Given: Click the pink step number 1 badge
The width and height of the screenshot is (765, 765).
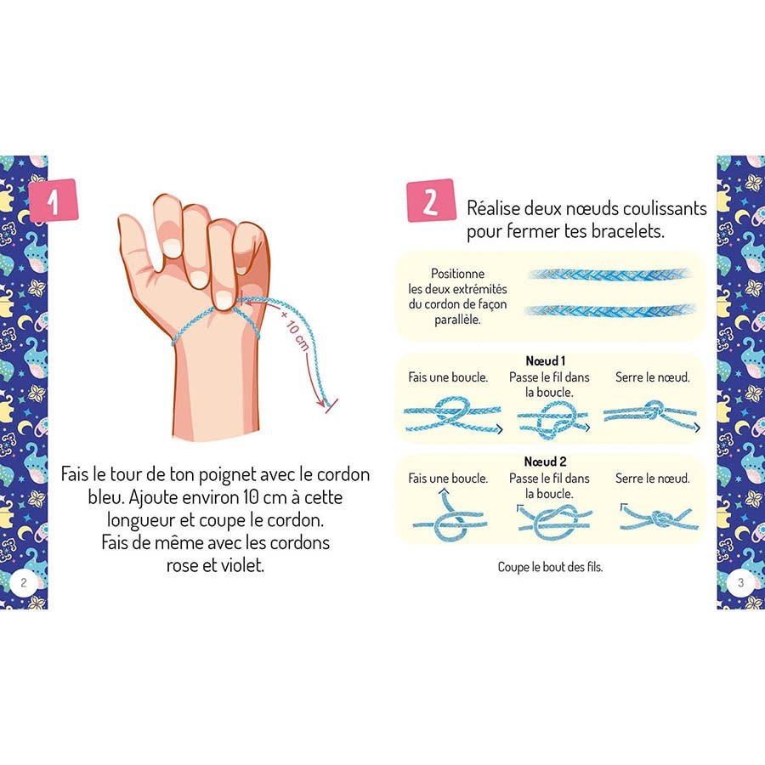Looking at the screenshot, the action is click(54, 201).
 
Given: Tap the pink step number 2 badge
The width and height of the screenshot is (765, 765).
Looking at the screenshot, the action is click(431, 201).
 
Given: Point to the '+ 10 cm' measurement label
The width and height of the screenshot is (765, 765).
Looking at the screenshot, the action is click(295, 330).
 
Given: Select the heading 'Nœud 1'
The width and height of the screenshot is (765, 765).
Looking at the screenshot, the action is click(546, 361).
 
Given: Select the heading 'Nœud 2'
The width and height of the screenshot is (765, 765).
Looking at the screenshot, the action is click(546, 462).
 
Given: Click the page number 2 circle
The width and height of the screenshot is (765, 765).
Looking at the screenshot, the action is click(24, 582).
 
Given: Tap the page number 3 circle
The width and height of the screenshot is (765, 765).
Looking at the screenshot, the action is click(740, 582).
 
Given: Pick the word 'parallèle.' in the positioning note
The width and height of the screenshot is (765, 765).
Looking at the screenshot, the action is click(457, 320).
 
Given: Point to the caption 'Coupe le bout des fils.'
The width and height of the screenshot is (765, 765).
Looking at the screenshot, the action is click(550, 567).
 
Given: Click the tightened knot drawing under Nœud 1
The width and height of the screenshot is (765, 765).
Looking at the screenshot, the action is click(651, 415).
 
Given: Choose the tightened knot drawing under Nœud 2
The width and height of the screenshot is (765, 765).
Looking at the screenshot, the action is click(659, 519).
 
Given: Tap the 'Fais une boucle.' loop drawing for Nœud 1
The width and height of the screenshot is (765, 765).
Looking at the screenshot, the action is click(453, 415).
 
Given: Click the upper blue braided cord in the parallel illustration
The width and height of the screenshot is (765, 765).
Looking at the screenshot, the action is click(609, 275).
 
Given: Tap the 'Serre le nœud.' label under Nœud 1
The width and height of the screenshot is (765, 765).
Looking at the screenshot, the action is click(652, 377).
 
